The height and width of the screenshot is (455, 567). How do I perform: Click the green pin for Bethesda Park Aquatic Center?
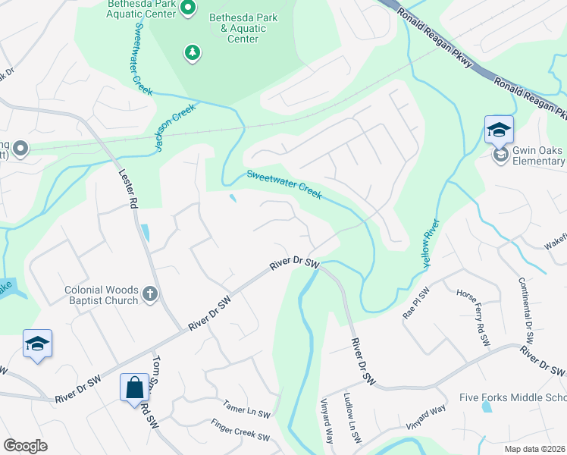point(189,8)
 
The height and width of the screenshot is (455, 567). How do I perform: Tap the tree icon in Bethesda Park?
point(193,52)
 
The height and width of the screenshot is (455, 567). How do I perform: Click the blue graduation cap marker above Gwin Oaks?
point(500,130)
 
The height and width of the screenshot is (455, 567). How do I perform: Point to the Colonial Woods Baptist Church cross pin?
point(150,294)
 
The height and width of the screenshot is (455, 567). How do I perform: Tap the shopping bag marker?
point(134,388)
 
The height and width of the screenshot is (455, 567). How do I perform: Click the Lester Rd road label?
point(127,189)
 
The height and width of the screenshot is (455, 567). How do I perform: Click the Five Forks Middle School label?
point(513,398)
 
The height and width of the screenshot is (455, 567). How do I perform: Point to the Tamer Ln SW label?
point(246,413)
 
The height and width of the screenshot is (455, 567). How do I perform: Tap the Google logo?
point(25,446)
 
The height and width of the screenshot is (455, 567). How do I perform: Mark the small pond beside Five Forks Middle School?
point(487,407)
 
